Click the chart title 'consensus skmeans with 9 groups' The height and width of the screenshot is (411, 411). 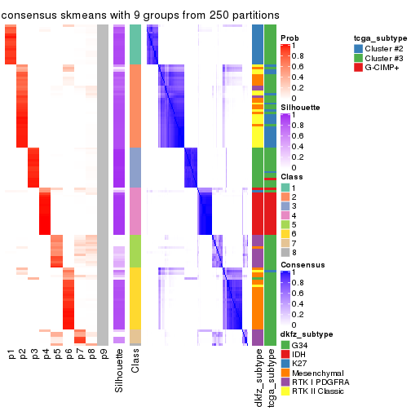pyautogui.click(x=140, y=15)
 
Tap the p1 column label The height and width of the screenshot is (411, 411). pyautogui.click(x=11, y=355)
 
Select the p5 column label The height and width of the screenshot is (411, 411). pyautogui.click(x=57, y=355)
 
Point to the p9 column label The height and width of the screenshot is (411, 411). pyautogui.click(x=103, y=355)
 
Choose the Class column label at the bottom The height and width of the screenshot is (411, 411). pyautogui.click(x=135, y=363)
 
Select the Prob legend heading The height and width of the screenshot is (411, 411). pyautogui.click(x=289, y=38)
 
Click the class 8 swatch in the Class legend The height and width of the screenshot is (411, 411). pyautogui.click(x=285, y=254)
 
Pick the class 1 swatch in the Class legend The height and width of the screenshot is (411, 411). pyautogui.click(x=285, y=187)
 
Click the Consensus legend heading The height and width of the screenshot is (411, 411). pyautogui.click(x=299, y=265)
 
